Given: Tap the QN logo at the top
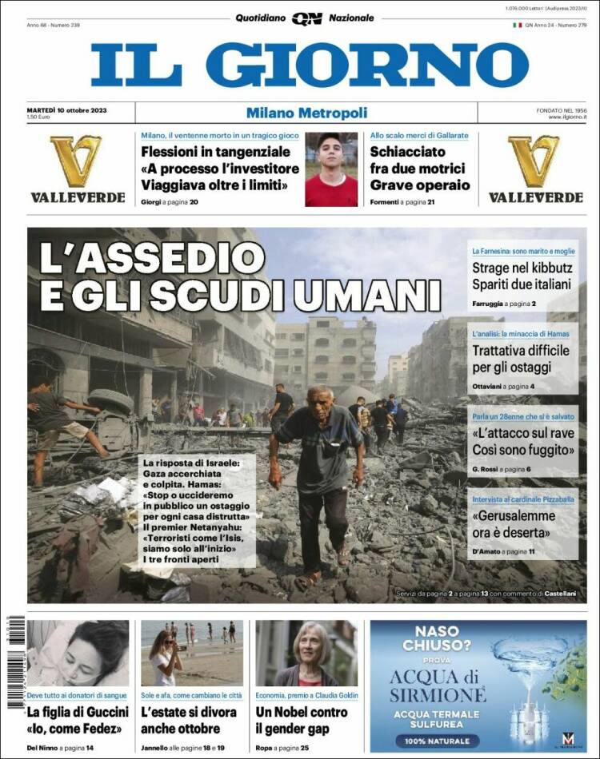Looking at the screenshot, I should click(306, 18).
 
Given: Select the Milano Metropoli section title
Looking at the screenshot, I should click(306, 113).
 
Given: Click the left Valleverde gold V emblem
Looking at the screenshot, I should click(77, 161).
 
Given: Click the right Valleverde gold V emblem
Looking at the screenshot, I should click(534, 161).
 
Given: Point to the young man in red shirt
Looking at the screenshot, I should click(331, 169).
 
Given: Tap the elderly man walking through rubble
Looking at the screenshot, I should click(318, 479).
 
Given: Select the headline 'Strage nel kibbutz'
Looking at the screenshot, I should click(520, 276).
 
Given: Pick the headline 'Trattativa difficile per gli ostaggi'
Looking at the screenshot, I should click(520, 359).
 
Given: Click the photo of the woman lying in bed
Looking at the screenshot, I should click(78, 654).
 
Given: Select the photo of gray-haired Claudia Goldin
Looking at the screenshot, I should click(306, 654).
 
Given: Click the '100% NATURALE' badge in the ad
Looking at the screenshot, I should click(437, 741).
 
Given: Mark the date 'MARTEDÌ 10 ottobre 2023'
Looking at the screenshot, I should click(66, 109).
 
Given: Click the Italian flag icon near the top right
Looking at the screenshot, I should click(518, 25).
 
